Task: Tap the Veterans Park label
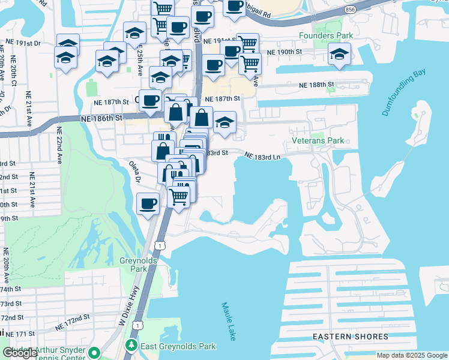tap(318, 141)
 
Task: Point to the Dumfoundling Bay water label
tap(403, 93)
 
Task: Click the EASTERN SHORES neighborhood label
tap(346, 337)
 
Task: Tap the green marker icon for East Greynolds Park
tap(131, 346)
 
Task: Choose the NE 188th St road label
tap(316, 86)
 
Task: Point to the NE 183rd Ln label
tap(262, 156)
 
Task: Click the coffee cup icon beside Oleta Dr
tap(148, 203)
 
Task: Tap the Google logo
tap(20, 353)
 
